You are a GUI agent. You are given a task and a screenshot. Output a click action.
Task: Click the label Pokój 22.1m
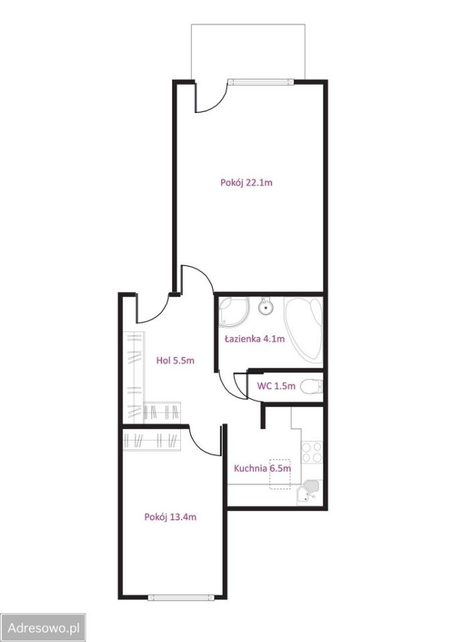[246, 183]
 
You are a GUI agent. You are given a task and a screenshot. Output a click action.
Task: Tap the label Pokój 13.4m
[170, 517]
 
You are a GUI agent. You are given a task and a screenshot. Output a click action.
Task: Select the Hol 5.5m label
[175, 360]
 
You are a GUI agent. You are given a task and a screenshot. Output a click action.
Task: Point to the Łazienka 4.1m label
[254, 338]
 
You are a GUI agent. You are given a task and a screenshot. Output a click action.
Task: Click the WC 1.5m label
[276, 386]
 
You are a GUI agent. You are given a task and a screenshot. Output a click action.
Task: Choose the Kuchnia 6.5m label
[262, 468]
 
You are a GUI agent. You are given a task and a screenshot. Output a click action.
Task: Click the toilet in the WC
[311, 386]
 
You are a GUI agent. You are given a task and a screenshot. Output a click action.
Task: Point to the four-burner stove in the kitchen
[312, 452]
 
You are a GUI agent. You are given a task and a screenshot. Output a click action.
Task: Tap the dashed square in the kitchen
[280, 474]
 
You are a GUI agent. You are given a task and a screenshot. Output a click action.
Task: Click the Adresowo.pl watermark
[44, 628]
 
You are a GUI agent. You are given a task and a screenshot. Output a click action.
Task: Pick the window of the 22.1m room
[261, 82]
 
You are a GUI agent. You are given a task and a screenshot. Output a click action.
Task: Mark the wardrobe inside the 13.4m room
[152, 441]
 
